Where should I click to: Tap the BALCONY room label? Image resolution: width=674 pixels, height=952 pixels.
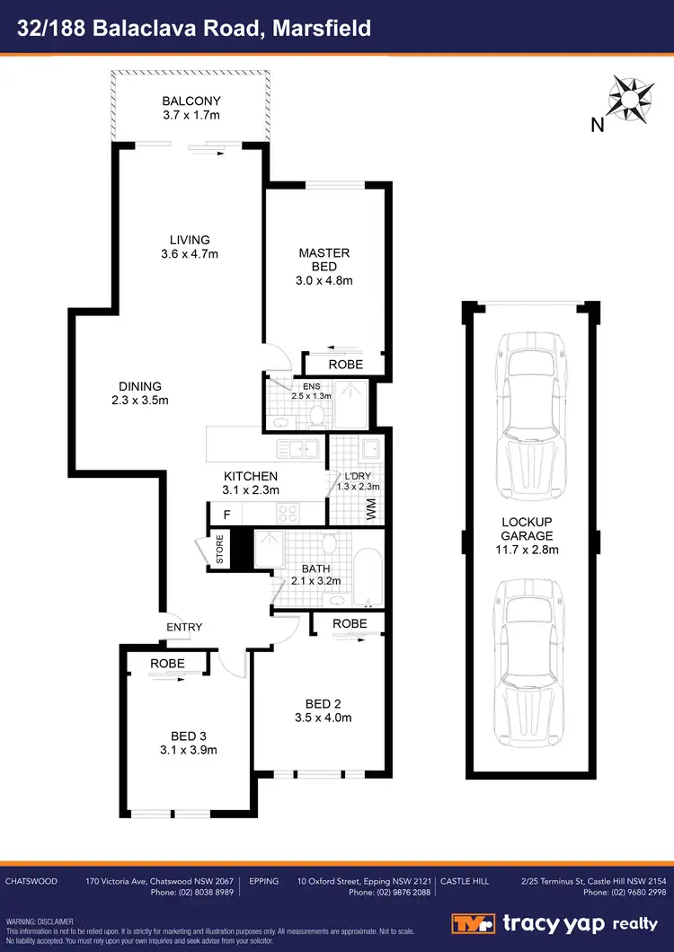pyautogui.click(x=191, y=108)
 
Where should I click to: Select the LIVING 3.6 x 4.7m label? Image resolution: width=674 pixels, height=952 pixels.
pyautogui.click(x=190, y=247)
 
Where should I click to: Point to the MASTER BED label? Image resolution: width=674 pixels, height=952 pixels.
pyautogui.click(x=324, y=266)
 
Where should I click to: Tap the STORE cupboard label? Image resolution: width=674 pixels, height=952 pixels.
pyautogui.click(x=219, y=550)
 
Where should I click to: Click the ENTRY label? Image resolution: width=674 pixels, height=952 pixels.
pyautogui.click(x=185, y=627)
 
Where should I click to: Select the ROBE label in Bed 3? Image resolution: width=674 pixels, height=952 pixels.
pyautogui.click(x=168, y=664)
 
